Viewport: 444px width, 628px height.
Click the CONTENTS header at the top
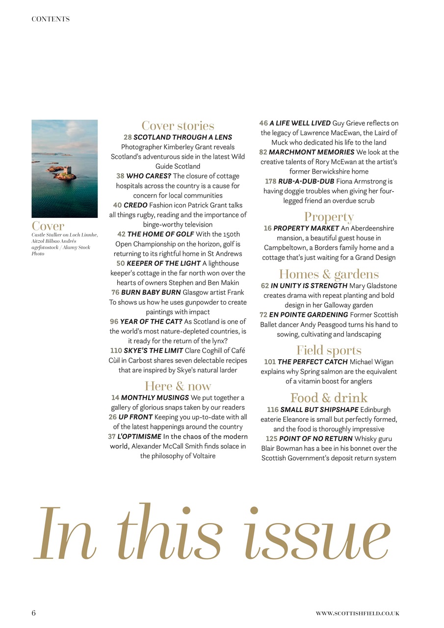(x=51, y=19)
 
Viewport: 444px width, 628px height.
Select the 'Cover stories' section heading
(x=178, y=126)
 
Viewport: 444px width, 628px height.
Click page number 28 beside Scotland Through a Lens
(x=128, y=137)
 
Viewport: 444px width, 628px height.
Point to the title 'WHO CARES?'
(x=149, y=176)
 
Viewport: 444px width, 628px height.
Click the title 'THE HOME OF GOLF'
(x=160, y=234)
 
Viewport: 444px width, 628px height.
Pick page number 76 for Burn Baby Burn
(x=115, y=292)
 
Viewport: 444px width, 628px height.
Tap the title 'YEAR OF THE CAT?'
(x=151, y=321)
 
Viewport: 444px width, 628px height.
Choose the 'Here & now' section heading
(x=178, y=386)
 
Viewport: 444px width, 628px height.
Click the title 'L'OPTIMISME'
(x=139, y=437)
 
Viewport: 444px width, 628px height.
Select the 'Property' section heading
(x=329, y=216)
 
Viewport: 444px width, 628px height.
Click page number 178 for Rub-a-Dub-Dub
(x=270, y=182)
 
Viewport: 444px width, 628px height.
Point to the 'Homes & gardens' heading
(x=329, y=274)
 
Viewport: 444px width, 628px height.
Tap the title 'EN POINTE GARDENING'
(x=309, y=314)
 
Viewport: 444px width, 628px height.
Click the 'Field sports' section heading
(x=329, y=350)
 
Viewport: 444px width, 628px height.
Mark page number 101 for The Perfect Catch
(x=270, y=362)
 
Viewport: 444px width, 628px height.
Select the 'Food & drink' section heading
(x=329, y=397)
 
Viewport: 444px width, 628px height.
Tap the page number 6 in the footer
(x=34, y=613)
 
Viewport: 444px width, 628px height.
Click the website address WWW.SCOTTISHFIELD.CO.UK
(x=357, y=613)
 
